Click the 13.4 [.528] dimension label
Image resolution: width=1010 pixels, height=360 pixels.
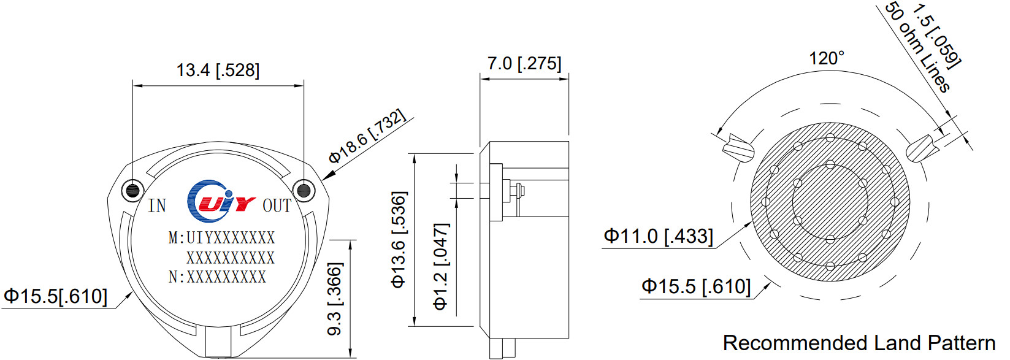pos(218,70)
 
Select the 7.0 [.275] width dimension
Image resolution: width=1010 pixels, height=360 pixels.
pos(524,63)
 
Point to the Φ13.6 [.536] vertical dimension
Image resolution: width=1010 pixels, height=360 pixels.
pos(399,240)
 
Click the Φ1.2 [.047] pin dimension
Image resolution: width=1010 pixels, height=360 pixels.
pos(441,266)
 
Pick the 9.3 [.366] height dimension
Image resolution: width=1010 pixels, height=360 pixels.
pos(335,299)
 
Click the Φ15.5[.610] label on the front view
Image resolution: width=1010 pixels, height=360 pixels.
pos(56,296)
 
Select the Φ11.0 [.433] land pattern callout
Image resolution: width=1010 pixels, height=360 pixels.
pos(658,236)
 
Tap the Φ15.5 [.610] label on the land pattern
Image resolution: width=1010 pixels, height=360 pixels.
pos(696,286)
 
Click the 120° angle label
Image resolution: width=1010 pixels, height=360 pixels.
pos(826,59)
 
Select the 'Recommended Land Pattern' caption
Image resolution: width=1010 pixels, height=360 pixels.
pos(859,343)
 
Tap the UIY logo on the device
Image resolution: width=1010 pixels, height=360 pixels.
pos(220,201)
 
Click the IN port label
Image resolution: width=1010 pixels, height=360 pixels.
pos(157,205)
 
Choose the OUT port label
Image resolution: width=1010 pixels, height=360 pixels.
pos(277,205)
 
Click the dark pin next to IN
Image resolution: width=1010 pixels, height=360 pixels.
pos(132,190)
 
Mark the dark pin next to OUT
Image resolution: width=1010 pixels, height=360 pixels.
pos(304,190)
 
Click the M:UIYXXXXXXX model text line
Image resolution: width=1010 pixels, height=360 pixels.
pos(221,237)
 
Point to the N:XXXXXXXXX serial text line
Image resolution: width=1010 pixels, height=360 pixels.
pos(217,277)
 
